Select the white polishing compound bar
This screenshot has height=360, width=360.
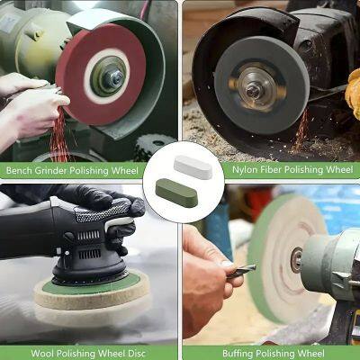193,166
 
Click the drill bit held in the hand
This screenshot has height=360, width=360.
242,267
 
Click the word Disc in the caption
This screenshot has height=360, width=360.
138,352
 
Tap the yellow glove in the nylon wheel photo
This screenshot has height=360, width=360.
352,90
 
